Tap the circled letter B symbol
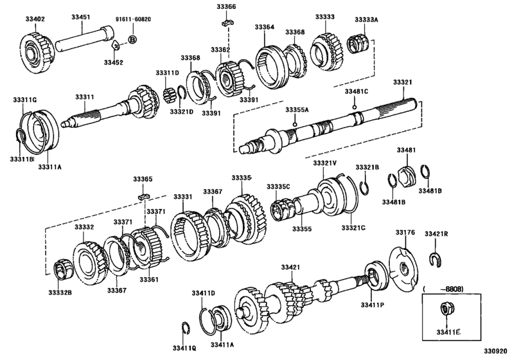click(x=133, y=40)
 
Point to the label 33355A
click(x=297, y=110)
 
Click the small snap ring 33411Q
click(x=184, y=327)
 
